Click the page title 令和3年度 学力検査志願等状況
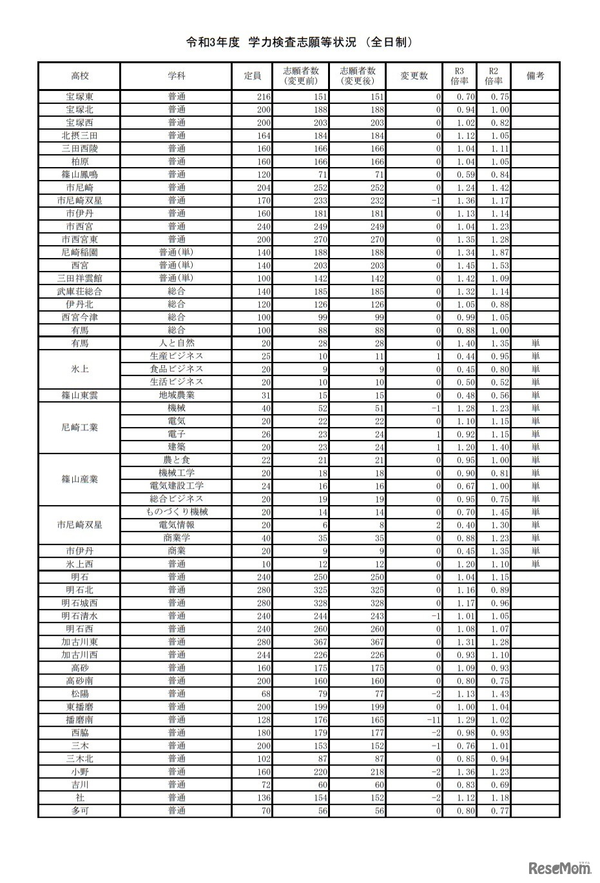298,43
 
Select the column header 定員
253,76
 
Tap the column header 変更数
414,76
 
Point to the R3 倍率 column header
460,76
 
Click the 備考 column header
535,76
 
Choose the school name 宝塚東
79,97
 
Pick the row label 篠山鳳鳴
79,175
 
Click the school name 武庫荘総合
79,292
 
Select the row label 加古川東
79,642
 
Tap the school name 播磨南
79,720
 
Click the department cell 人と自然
177,343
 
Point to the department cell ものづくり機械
177,512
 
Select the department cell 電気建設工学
177,486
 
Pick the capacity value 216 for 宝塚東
263,97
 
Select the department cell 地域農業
177,395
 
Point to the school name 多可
79,811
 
